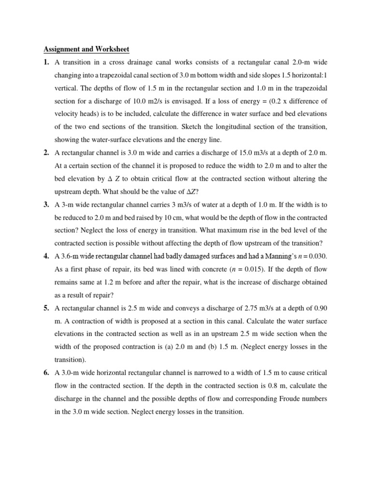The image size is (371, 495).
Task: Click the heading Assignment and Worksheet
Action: [86, 49]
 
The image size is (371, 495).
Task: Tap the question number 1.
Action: [46, 62]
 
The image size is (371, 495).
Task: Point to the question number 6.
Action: [46, 373]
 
